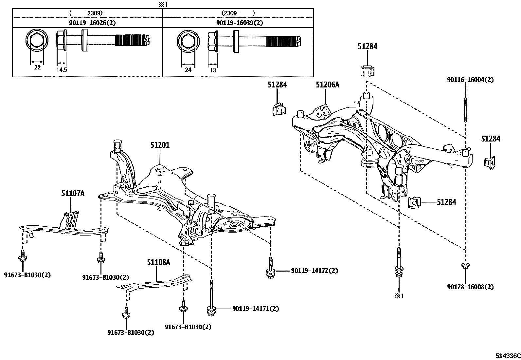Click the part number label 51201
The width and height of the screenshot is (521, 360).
click(x=160, y=145)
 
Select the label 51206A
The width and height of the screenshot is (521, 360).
click(x=327, y=85)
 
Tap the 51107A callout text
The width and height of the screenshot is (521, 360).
click(x=73, y=194)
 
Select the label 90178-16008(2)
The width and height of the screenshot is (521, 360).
click(x=470, y=287)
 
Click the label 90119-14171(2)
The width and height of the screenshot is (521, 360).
click(x=256, y=309)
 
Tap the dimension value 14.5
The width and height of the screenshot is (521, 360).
click(x=62, y=70)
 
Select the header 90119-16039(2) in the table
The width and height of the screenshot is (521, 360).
click(x=239, y=23)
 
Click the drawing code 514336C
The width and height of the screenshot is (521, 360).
click(x=507, y=356)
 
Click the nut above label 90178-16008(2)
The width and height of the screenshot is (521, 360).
click(x=465, y=265)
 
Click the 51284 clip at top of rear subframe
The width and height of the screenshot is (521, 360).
click(x=367, y=71)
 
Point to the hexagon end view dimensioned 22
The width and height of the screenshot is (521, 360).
click(x=37, y=41)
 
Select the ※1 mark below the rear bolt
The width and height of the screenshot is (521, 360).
click(x=399, y=295)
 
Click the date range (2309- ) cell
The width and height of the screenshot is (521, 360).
click(x=238, y=13)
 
